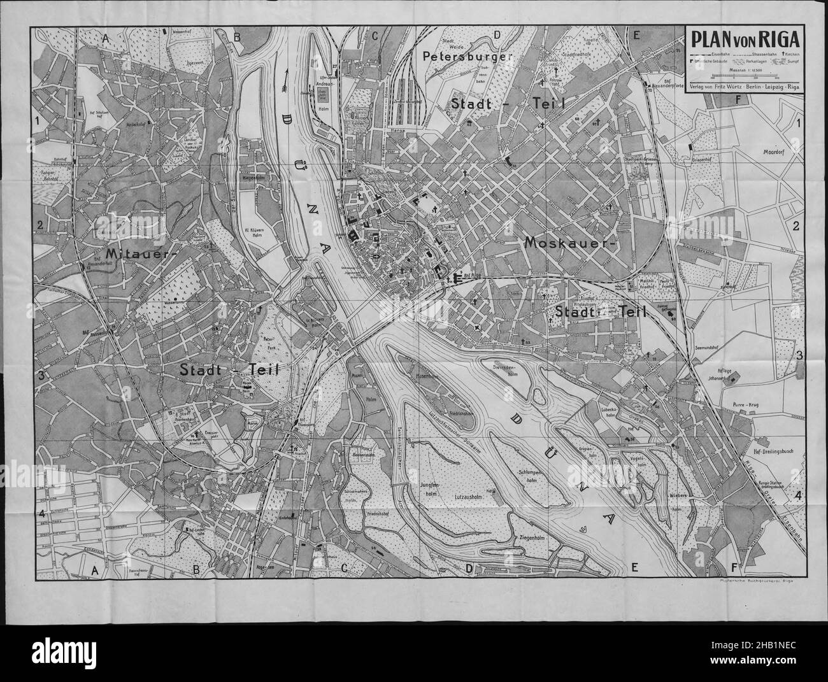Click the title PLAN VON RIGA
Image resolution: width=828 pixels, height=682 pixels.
(x=745, y=40)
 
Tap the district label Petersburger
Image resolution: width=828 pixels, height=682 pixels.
(x=468, y=57)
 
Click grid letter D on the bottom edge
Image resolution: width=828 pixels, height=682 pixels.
(x=469, y=568)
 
